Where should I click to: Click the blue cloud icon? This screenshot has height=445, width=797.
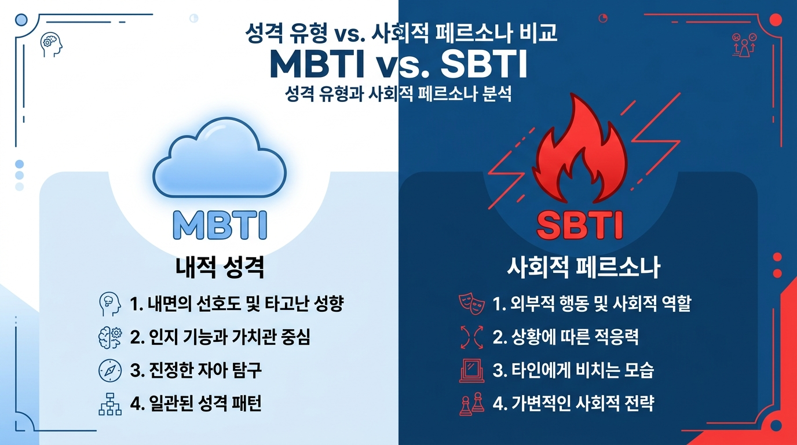pos(219,158)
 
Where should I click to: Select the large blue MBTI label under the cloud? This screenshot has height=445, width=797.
pos(220,225)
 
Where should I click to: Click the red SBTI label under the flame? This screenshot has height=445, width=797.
pos(580,225)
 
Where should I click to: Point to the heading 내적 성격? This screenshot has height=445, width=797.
pos(220,267)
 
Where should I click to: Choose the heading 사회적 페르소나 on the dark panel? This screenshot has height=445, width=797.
pos(583,267)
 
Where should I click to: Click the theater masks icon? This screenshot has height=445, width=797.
pos(471,304)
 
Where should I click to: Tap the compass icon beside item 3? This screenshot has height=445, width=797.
pos(110,370)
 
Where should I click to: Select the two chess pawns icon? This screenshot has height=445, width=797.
pos(471,404)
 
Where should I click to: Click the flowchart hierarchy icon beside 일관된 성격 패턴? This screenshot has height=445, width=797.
pos(110,404)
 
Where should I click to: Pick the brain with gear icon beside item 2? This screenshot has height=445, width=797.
pos(110,337)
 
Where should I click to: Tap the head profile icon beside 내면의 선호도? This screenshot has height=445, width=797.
pos(110,304)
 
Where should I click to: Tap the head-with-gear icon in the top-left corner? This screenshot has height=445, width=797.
pos(52,45)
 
